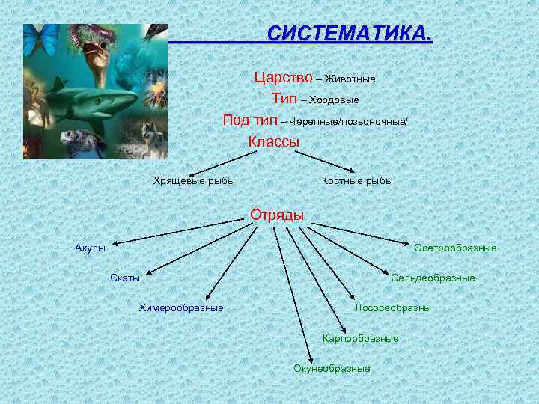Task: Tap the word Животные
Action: coord(350,79)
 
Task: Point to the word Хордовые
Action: coord(334,100)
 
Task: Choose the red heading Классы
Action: coord(273,141)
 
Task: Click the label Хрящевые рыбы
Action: coord(194,180)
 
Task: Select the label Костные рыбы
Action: coord(357,180)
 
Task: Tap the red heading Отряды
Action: coord(277,215)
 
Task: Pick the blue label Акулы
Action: coord(90,248)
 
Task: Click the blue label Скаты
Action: coord(125,278)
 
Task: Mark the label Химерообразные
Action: coord(181,307)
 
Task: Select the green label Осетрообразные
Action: coord(455,248)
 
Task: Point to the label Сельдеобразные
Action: coord(433,278)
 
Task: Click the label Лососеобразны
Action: coord(392,307)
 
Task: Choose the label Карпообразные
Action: coord(360,338)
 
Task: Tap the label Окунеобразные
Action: coord(332,368)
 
